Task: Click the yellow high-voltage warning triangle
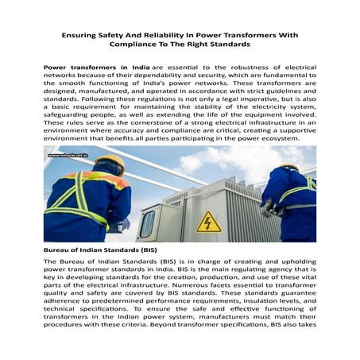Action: click(x=209, y=223)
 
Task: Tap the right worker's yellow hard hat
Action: click(x=289, y=168)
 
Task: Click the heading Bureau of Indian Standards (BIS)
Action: click(x=100, y=250)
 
